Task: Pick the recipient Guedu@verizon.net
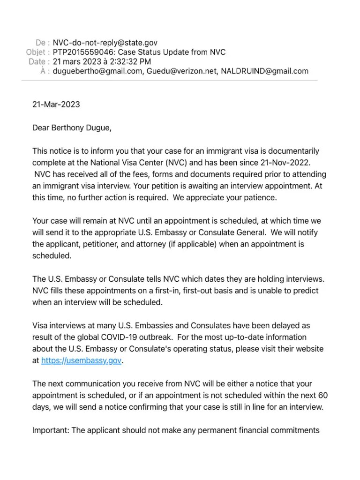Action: click(x=180, y=71)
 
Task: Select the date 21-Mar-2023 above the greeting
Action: click(x=56, y=104)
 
